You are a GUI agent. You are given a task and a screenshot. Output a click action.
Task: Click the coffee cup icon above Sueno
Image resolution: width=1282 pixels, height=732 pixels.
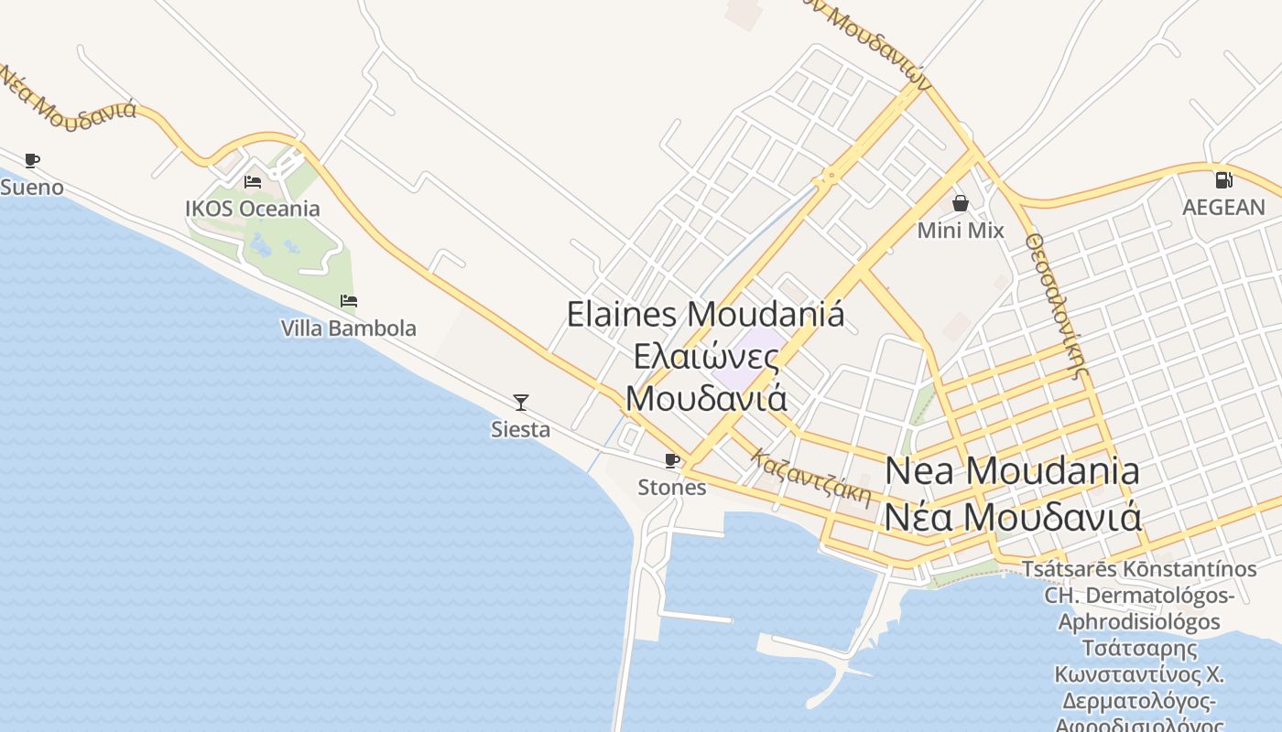[x=32, y=161]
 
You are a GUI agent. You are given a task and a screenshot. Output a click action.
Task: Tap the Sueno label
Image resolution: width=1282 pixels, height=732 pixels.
[x=32, y=188]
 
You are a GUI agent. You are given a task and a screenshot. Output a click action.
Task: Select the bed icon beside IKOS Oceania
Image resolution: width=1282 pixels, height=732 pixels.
[x=253, y=182]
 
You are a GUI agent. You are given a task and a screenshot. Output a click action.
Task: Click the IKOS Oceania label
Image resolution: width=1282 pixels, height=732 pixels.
[x=253, y=209]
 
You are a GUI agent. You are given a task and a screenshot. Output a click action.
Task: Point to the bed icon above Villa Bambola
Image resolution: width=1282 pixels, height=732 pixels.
[x=348, y=301]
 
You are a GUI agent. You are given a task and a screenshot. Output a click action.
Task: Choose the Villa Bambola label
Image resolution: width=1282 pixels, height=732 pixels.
[x=348, y=328]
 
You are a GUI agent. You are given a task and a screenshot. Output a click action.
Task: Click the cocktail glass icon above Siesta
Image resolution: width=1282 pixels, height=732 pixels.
[x=521, y=402]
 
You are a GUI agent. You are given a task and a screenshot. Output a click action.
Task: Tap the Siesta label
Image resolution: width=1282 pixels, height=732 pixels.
[x=521, y=429]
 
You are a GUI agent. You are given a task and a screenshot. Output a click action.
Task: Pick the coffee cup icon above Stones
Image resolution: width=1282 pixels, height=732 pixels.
[x=672, y=460]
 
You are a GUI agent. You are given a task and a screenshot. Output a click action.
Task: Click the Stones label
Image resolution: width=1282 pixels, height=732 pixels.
[x=672, y=487]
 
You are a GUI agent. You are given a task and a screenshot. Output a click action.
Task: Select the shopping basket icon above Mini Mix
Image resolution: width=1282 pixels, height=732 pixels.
[x=961, y=203]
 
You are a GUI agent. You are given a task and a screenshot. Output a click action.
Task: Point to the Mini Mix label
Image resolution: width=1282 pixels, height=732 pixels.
[x=961, y=231]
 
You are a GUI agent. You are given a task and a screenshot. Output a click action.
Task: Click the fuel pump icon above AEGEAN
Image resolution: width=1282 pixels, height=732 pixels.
[x=1223, y=180]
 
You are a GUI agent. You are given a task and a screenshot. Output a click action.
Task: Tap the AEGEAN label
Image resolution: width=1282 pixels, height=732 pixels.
[x=1223, y=208]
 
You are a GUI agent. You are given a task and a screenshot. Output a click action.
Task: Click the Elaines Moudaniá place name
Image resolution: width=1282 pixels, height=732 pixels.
[x=705, y=314]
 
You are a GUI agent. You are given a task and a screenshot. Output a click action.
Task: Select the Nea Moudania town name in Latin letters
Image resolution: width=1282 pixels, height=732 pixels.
[x=1012, y=471]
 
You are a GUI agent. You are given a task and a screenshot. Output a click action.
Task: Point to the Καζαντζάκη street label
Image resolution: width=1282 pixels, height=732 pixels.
[x=810, y=477]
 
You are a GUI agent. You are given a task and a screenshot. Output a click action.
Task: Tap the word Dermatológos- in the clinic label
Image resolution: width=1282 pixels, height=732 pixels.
[x=1139, y=596]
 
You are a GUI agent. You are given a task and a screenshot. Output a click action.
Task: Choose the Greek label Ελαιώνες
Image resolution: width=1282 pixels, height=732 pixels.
[x=707, y=356]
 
